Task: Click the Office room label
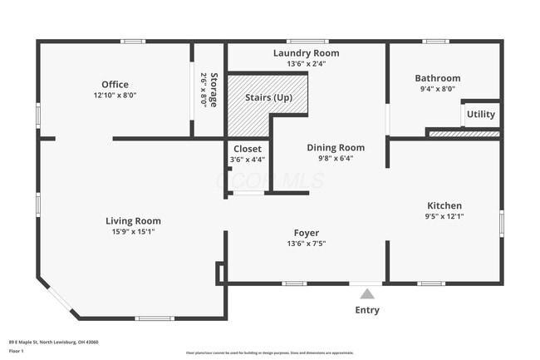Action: [x=115, y=84]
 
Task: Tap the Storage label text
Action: [x=214, y=89]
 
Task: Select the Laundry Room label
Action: [x=306, y=53]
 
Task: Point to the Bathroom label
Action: [x=437, y=78]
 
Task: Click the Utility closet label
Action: [x=480, y=114]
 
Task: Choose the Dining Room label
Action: [x=336, y=147]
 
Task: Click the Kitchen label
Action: [x=444, y=205]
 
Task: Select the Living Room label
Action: [x=133, y=220]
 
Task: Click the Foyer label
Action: [x=306, y=233]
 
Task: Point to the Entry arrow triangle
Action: [x=367, y=293]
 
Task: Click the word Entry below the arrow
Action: [x=367, y=310]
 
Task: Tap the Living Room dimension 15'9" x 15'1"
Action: [x=133, y=232]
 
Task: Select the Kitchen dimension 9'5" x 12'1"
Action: [x=444, y=217]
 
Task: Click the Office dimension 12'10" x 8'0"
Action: [x=115, y=95]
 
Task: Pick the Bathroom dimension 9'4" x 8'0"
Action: [x=437, y=90]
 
